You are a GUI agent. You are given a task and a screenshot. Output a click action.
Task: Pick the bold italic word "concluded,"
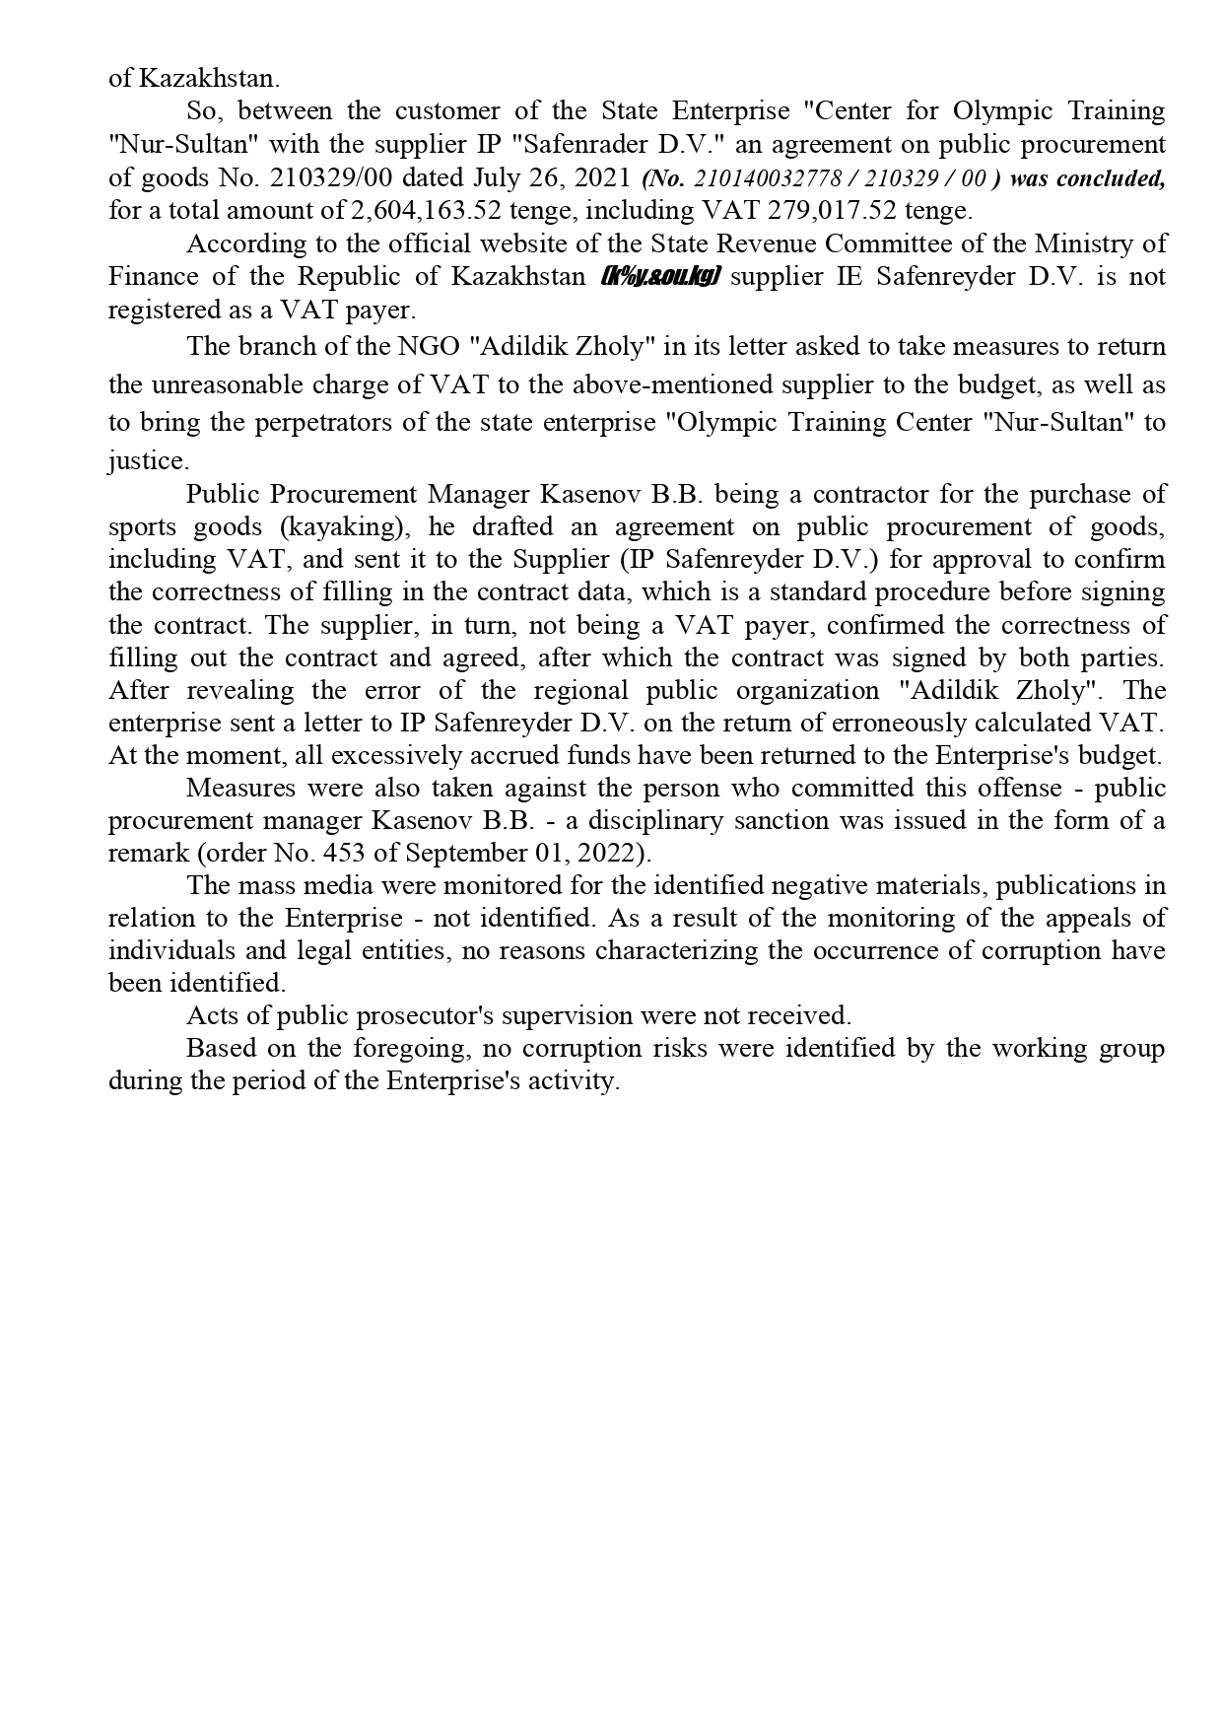pos(1111,178)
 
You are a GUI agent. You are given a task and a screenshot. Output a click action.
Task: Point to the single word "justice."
pos(148,460)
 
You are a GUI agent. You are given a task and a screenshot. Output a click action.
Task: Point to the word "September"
pos(465,853)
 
